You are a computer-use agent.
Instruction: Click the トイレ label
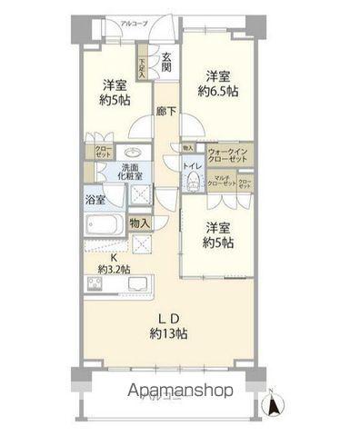(193, 167)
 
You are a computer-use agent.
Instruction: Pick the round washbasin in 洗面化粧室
(133, 153)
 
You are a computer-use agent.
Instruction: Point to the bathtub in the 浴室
(107, 224)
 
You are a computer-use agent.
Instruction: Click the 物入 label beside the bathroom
(139, 223)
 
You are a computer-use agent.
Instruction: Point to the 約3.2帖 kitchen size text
(116, 268)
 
